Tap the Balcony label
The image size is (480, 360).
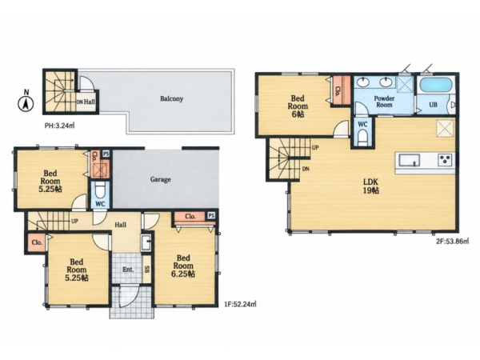[172, 99]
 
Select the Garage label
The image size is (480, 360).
[161, 179]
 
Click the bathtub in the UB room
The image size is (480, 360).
[436, 85]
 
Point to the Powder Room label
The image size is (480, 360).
[384, 102]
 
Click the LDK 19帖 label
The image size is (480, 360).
[370, 186]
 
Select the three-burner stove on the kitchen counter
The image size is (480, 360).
[445, 160]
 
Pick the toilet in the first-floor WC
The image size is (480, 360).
[101, 191]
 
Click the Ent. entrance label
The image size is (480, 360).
[128, 270]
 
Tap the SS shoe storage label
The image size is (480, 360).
[147, 269]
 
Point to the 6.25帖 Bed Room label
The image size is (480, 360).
[183, 266]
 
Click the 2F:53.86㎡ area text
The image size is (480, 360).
[453, 241]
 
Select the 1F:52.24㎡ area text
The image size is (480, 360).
[240, 304]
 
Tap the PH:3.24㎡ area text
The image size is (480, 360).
[60, 126]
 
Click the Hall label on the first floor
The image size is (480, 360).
[120, 225]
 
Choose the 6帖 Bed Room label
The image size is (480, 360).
[298, 106]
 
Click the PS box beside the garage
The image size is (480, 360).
[106, 154]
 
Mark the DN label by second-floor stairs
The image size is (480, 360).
[306, 169]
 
